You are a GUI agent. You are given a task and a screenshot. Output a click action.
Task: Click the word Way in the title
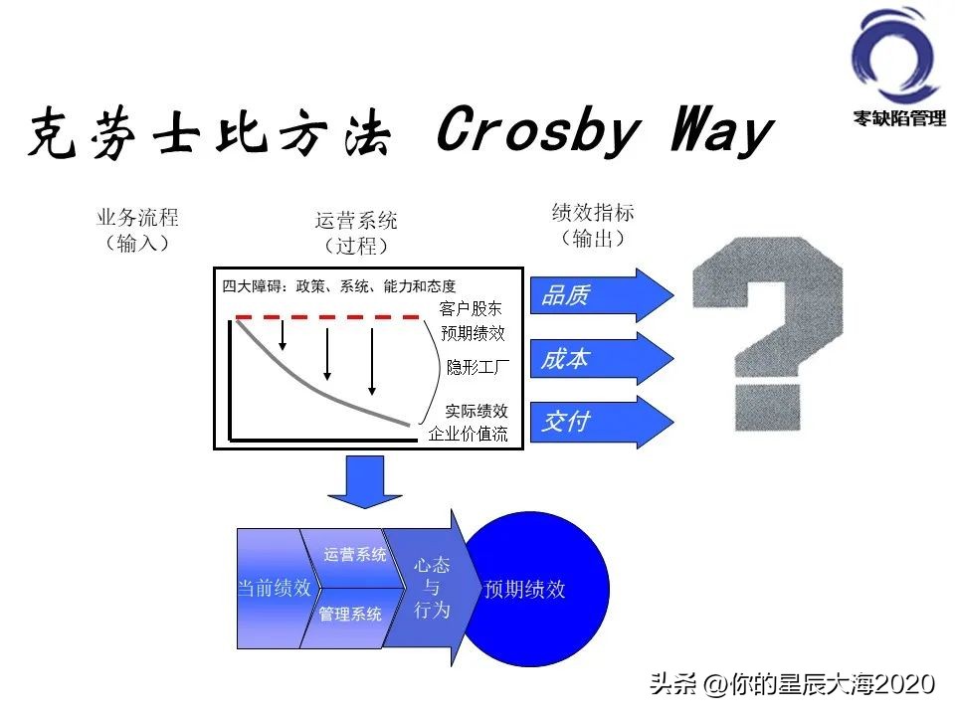point(722,129)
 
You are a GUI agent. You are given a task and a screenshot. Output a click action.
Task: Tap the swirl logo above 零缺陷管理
point(894,56)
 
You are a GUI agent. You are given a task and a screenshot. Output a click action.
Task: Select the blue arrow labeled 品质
point(602,295)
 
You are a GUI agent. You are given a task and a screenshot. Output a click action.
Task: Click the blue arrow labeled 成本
point(602,359)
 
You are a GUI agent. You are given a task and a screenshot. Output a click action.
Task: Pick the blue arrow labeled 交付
point(602,422)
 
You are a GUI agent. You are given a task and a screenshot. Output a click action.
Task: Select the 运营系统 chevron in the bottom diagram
point(353,557)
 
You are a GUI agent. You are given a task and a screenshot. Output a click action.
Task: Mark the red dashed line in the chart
point(327,317)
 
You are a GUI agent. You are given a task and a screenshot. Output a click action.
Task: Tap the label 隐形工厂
point(477,367)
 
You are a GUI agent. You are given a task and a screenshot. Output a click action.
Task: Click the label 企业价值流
point(468,434)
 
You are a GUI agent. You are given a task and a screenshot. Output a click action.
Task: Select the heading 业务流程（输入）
point(137,230)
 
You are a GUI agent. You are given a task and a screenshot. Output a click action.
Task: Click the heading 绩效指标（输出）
point(593,226)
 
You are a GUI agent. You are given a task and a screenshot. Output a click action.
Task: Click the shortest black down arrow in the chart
point(283,335)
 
